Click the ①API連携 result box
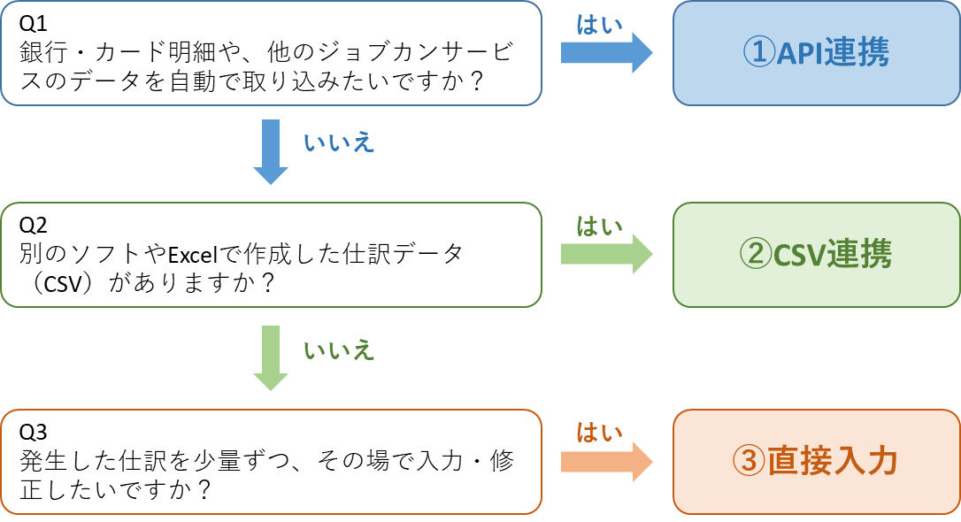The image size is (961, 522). (816, 53)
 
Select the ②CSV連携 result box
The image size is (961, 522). (816, 255)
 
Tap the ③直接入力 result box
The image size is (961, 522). (816, 461)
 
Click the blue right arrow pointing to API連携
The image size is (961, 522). (606, 53)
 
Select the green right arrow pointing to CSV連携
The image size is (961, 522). (606, 255)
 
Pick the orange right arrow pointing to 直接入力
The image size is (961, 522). (606, 461)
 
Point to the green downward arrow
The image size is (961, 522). (271, 357)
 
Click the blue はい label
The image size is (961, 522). (599, 25)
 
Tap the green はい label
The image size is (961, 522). (599, 226)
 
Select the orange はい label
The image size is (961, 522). (599, 433)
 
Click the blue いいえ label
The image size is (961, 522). (339, 143)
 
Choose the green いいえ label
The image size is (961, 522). (339, 350)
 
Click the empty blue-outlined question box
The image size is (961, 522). (271, 53)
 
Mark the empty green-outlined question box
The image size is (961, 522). (271, 255)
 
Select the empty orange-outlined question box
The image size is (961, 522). (271, 461)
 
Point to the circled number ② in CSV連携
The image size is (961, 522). (756, 255)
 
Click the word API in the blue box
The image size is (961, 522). (800, 53)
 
